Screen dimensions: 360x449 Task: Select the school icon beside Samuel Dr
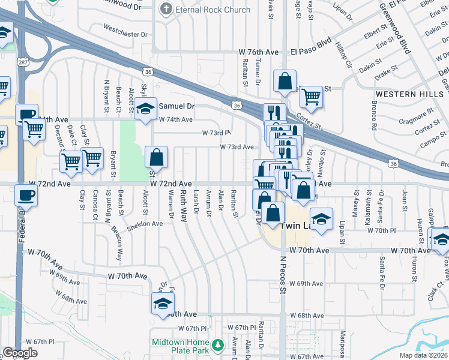(x=145, y=109)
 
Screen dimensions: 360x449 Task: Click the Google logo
(x=20, y=353)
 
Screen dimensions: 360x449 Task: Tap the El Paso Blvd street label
(x=312, y=52)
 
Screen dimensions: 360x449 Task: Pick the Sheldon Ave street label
(x=144, y=223)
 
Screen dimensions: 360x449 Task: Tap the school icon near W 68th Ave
(x=162, y=304)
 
